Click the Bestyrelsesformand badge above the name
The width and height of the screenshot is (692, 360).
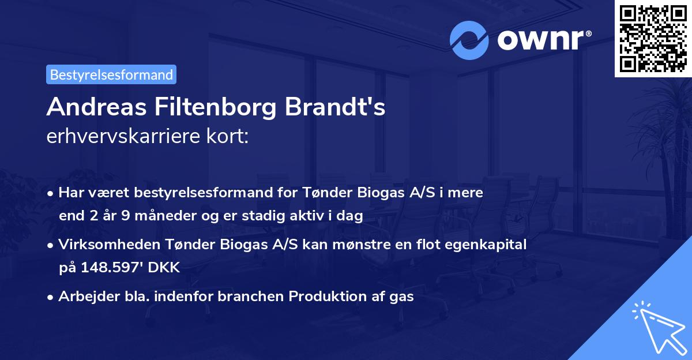[111, 74]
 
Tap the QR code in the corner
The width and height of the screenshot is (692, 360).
[653, 39]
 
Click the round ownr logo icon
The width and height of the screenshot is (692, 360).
[469, 40]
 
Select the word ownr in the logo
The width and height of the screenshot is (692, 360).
[543, 40]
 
